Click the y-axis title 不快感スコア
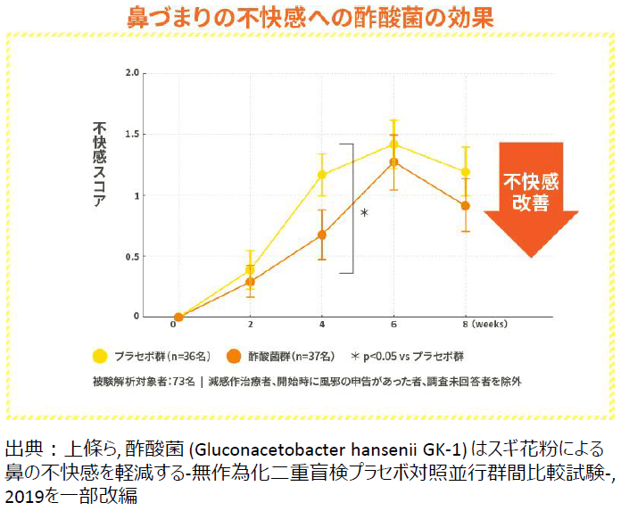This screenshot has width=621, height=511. pos(100,165)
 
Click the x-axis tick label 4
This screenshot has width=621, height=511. pos(322,326)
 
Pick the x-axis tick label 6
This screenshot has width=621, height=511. pos(393,326)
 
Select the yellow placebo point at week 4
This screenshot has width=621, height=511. pos(322,175)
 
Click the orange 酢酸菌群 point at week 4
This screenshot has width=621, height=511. pos(322,235)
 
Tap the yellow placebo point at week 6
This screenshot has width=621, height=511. pos(393,144)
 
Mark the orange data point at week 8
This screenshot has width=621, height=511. pos(465,206)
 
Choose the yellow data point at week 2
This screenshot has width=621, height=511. pos(251,269)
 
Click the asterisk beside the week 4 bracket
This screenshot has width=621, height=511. pos(364,213)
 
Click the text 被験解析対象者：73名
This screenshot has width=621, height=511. pos(143,381)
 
